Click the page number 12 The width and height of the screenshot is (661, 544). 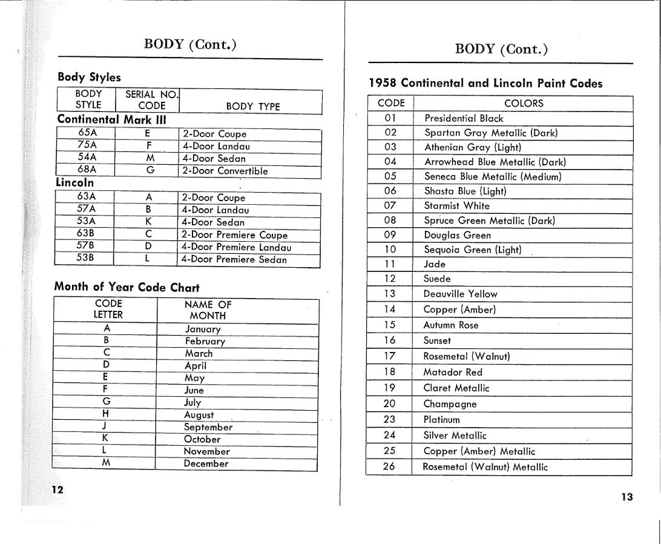point(58,489)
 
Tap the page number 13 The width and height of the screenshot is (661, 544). point(626,497)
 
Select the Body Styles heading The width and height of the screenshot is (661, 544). point(89,77)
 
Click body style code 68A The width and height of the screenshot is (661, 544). point(87,169)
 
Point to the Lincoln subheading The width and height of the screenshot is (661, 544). point(74,182)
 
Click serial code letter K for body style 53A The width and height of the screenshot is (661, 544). point(148,221)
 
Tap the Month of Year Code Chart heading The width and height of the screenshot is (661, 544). point(127,287)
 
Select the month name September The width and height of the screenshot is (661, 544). point(208,427)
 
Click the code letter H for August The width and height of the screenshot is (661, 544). point(106,414)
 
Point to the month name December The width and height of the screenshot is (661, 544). point(206,463)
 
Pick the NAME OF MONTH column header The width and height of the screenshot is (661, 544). point(208,310)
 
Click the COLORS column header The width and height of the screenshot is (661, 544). point(524,103)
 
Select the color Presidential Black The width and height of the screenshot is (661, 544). point(464,118)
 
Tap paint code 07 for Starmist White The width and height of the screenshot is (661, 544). point(390,205)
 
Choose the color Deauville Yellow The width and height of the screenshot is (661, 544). point(460,294)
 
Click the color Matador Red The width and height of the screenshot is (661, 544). point(453,372)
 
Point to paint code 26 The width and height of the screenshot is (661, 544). point(389,466)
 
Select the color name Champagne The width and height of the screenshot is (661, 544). point(450,404)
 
